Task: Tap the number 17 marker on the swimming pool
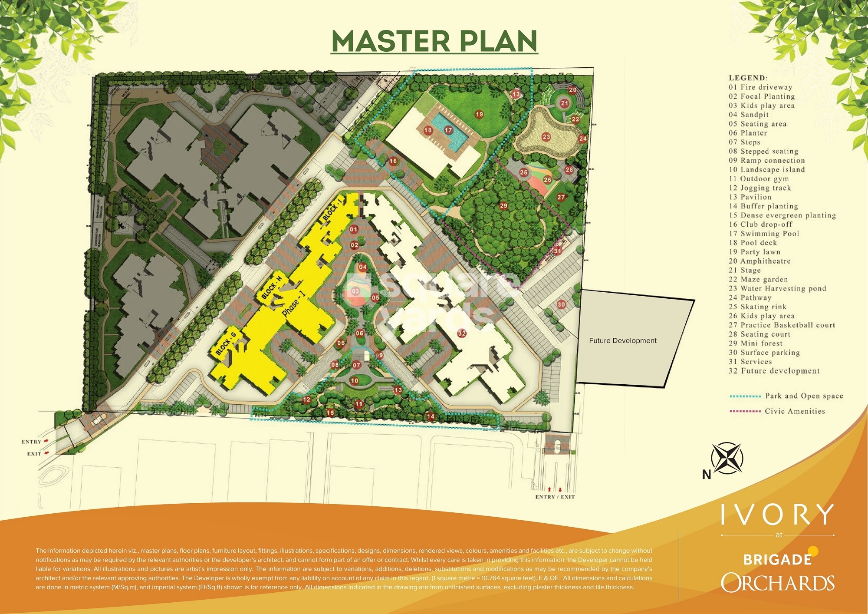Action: pos(448,130)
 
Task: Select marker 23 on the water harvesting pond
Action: pos(546,137)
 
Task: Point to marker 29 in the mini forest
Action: pos(503,205)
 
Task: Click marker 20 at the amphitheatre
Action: pos(573,90)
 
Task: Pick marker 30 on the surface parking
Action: pos(561,304)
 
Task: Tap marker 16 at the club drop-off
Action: pos(393,161)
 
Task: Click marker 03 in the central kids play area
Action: pos(355,291)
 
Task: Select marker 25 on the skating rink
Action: pos(524,172)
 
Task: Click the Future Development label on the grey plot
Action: pos(623,341)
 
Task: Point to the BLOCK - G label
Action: pos(226,343)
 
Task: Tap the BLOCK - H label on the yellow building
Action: pos(272,287)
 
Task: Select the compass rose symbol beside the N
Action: pos(727,458)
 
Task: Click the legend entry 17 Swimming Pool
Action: pos(764,234)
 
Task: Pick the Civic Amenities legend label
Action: pos(795,411)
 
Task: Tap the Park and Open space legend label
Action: pos(804,396)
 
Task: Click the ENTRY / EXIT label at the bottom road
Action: pos(555,497)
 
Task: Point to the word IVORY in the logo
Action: pos(777,515)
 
